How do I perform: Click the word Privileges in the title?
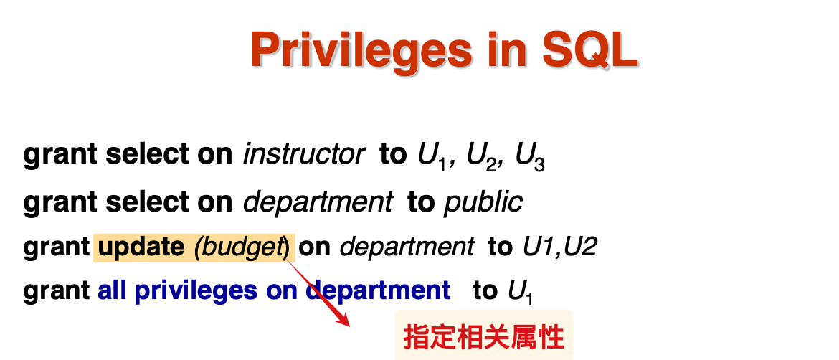tap(361, 50)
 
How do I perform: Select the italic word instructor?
tap(304, 155)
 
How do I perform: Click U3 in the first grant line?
tap(530, 157)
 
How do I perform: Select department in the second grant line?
tap(318, 203)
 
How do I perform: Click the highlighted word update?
tap(141, 247)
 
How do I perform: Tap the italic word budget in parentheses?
tap(240, 248)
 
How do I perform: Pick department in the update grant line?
tap(407, 247)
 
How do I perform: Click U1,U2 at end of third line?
tap(559, 247)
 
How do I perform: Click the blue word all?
tap(113, 290)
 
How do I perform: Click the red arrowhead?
tap(342, 319)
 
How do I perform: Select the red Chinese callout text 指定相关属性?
tap(484, 338)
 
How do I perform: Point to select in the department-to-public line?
tap(148, 202)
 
